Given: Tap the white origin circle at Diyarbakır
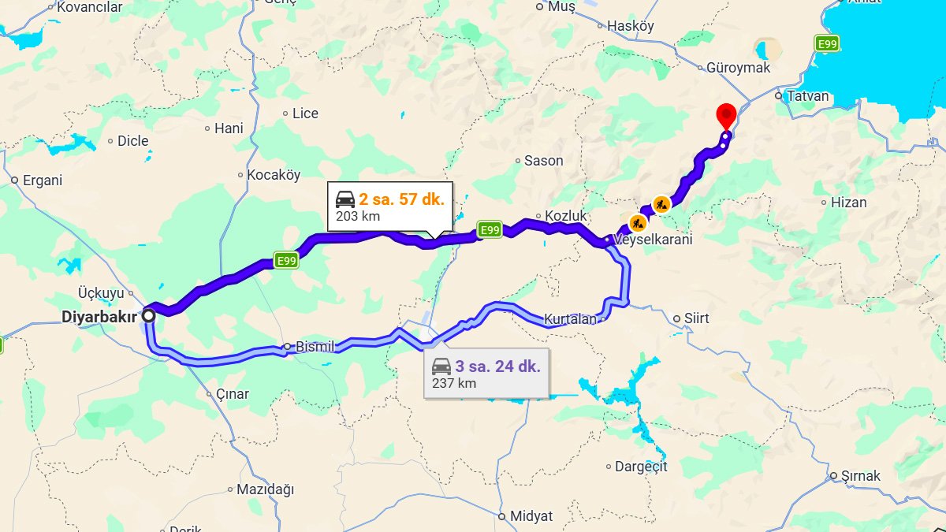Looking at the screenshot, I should (x=148, y=315).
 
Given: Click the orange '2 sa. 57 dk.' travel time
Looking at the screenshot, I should (x=401, y=199).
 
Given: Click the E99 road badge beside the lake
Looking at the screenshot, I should (x=826, y=44).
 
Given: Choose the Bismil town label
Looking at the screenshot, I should (x=314, y=347).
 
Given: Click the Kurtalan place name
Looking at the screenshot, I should (x=570, y=319).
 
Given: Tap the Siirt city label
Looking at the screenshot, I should (x=696, y=318).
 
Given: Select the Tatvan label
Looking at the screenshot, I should (x=808, y=96).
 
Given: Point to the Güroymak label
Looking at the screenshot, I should (x=738, y=68).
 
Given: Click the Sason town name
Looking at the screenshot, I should (x=543, y=161).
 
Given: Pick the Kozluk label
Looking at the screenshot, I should (x=562, y=216).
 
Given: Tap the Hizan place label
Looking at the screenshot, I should (x=848, y=203).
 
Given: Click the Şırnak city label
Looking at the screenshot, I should (x=860, y=476).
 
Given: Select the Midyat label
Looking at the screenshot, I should (x=531, y=516).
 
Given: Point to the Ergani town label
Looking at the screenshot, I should (x=42, y=180).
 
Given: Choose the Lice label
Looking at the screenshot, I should (x=305, y=113).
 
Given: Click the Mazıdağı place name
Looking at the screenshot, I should (x=265, y=489).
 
